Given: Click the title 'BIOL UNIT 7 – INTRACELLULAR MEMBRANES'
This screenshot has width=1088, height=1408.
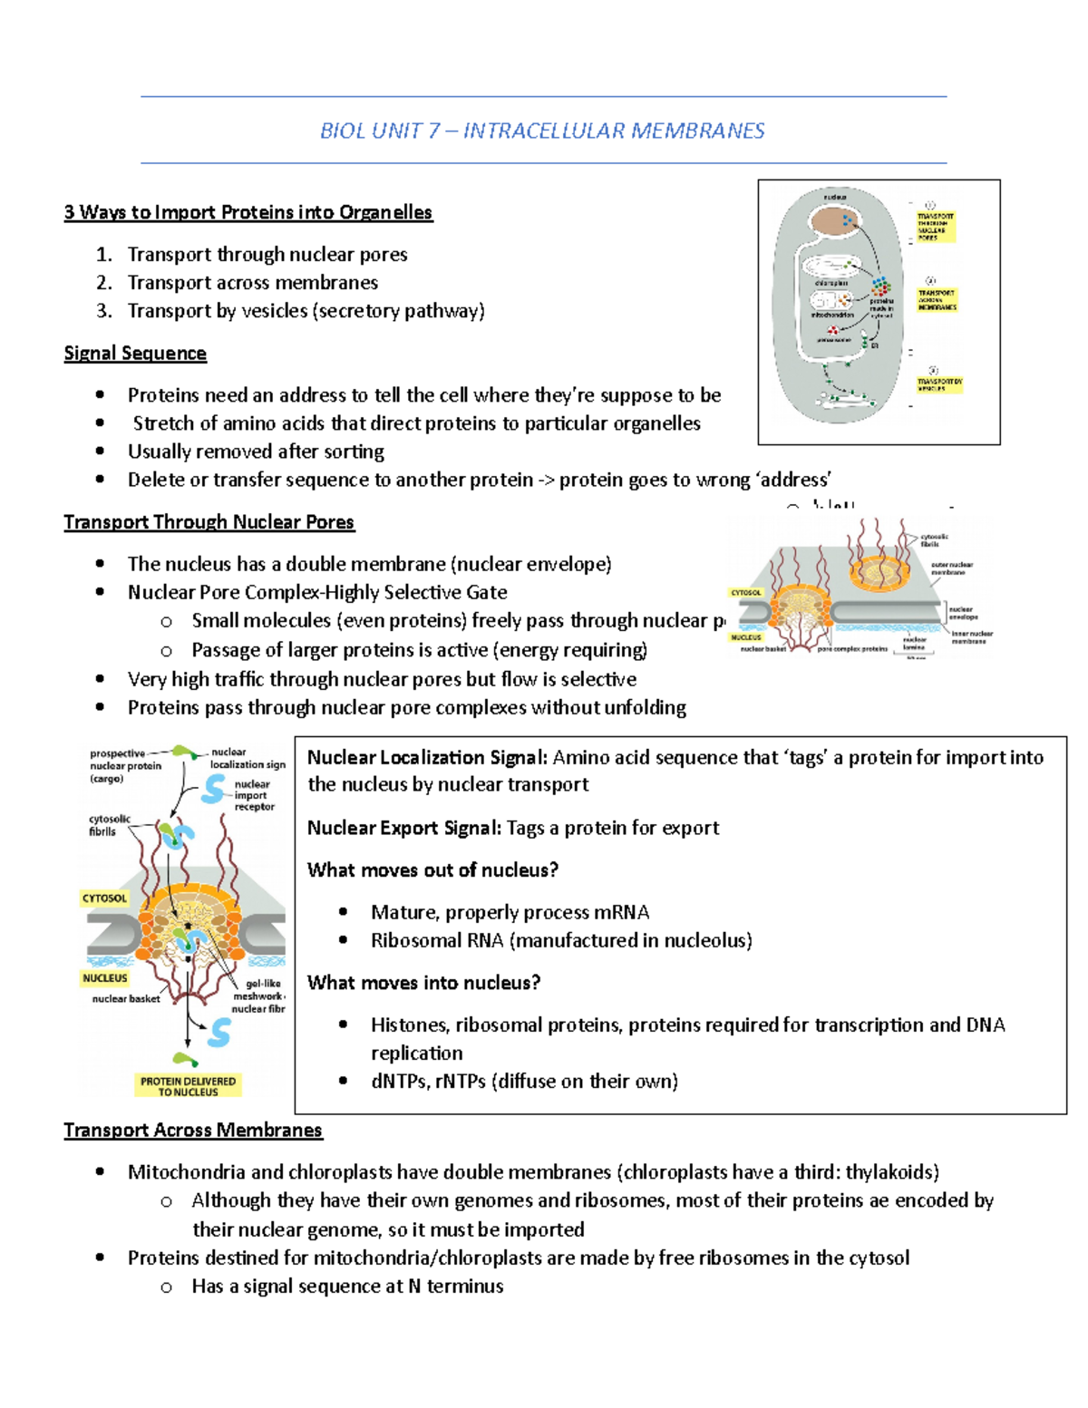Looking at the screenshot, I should pyautogui.click(x=542, y=131).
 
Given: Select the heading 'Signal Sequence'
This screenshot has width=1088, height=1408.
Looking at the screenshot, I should pyautogui.click(x=135, y=353).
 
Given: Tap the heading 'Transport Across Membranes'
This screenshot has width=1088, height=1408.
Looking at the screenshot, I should pyautogui.click(x=193, y=1130).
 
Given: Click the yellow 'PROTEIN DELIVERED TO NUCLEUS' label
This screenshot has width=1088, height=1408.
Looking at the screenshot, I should pyautogui.click(x=188, y=1086).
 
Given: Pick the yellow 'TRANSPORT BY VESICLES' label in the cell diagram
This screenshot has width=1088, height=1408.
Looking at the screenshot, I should pyautogui.click(x=939, y=384).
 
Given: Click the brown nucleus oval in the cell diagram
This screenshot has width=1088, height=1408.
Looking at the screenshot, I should pyautogui.click(x=832, y=222).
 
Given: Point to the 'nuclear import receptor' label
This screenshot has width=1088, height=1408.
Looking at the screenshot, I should pyautogui.click(x=253, y=795).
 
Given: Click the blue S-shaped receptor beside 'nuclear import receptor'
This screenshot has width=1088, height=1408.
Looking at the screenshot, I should pyautogui.click(x=214, y=789).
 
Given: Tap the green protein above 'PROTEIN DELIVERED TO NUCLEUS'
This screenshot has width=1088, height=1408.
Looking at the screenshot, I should pyautogui.click(x=186, y=1059).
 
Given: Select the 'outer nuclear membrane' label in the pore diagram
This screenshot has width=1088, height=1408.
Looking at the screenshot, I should pyautogui.click(x=951, y=568).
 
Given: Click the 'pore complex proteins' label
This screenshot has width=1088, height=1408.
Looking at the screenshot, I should pyautogui.click(x=852, y=649).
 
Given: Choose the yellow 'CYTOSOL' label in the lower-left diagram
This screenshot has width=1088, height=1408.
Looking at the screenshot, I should pyautogui.click(x=105, y=898).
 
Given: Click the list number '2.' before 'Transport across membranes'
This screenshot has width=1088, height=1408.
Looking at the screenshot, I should pyautogui.click(x=104, y=283).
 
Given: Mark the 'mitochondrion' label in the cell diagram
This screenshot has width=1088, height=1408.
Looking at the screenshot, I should pyautogui.click(x=831, y=315).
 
